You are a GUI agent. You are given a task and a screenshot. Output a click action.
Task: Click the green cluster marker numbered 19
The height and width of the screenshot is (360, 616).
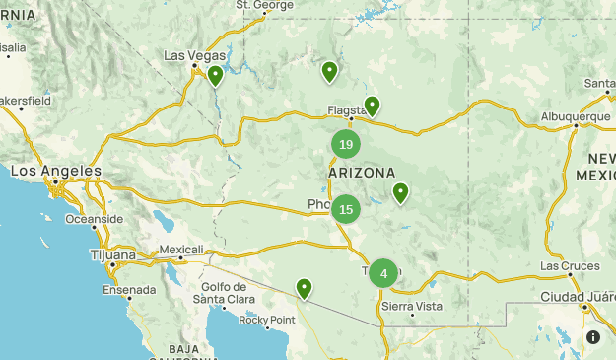click(346, 145)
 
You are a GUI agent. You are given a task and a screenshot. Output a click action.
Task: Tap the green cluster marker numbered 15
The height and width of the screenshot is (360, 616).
click(346, 209)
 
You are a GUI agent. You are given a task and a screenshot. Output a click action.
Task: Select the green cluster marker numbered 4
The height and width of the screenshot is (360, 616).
click(383, 273)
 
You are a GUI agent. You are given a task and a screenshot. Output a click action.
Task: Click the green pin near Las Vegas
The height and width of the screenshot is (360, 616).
click(215, 75)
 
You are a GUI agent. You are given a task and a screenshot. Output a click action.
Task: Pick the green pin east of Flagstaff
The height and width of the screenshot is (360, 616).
click(372, 106)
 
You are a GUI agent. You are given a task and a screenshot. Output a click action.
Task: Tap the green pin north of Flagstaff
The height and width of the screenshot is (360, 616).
click(329, 71)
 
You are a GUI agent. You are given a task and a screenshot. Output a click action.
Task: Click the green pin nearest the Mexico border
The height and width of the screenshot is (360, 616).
click(305, 288)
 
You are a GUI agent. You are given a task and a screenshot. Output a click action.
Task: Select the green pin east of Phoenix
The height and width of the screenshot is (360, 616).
click(400, 192)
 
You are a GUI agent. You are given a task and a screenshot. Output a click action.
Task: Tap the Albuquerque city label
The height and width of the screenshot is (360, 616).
click(576, 116)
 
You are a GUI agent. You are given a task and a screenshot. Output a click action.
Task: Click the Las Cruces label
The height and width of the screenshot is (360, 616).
click(569, 267)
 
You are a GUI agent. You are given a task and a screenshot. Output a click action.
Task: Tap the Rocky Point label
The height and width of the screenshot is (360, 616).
click(267, 320)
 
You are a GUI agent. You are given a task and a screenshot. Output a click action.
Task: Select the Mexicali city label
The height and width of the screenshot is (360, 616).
click(181, 250)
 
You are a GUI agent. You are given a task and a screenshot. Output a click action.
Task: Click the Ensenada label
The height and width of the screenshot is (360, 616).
click(129, 290)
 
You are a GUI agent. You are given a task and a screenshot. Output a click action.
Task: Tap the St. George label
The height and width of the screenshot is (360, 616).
click(265, 5)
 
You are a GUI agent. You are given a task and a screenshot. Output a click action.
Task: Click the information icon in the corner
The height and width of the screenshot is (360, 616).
click(592, 337)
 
